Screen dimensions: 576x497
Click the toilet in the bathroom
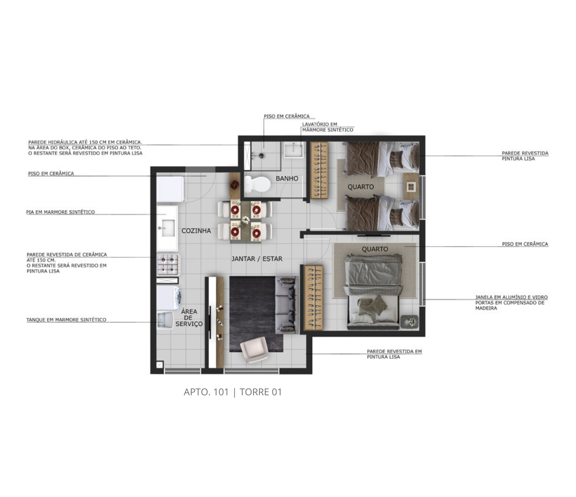[257, 184]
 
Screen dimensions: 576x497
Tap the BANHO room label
[287, 179]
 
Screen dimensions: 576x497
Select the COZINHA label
[196, 231]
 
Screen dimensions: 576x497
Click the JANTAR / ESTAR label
[257, 259]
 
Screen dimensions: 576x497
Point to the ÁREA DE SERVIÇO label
[189, 318]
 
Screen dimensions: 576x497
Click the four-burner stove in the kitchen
[168, 264]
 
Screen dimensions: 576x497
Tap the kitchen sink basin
[167, 228]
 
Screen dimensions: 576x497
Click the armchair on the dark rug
[253, 350]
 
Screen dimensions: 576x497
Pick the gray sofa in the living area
[287, 305]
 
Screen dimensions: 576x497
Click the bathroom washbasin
[293, 150]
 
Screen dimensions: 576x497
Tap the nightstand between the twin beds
[411, 186]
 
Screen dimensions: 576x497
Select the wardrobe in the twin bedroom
[319, 170]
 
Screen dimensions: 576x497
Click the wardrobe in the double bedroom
[314, 297]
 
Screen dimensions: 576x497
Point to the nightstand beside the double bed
[410, 323]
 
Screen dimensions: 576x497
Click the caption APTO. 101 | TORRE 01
[233, 392]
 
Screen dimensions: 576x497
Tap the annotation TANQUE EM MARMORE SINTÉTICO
[66, 320]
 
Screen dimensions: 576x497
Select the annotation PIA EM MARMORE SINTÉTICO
[60, 212]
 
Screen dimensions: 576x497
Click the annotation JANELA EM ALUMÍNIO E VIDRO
[511, 297]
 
